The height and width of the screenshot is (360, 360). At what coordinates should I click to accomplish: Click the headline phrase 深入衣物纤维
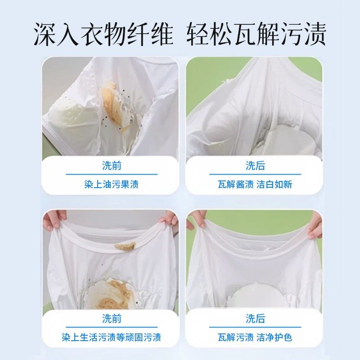(103, 34)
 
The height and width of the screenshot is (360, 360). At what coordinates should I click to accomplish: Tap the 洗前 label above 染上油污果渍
(112, 166)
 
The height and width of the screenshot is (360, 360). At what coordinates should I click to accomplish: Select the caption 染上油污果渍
(112, 184)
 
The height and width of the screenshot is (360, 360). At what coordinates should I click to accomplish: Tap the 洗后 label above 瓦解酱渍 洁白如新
(255, 166)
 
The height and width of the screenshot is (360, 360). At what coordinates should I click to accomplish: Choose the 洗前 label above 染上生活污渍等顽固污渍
(112, 319)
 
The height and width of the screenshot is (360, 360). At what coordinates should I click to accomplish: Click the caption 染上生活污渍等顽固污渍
(112, 337)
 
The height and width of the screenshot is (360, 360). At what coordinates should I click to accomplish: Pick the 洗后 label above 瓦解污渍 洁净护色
(255, 319)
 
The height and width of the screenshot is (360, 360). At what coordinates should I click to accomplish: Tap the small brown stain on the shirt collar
(125, 246)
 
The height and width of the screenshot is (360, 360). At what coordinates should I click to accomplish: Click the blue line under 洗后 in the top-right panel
(255, 174)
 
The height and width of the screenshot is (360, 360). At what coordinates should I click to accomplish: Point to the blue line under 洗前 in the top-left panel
(112, 174)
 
